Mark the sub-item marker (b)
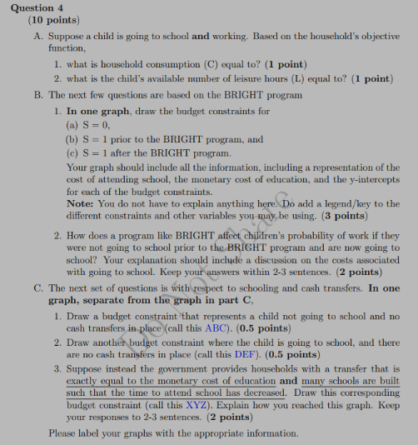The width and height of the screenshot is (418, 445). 72,140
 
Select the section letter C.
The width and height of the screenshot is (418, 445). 39,288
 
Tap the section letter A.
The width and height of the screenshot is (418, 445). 39,37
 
